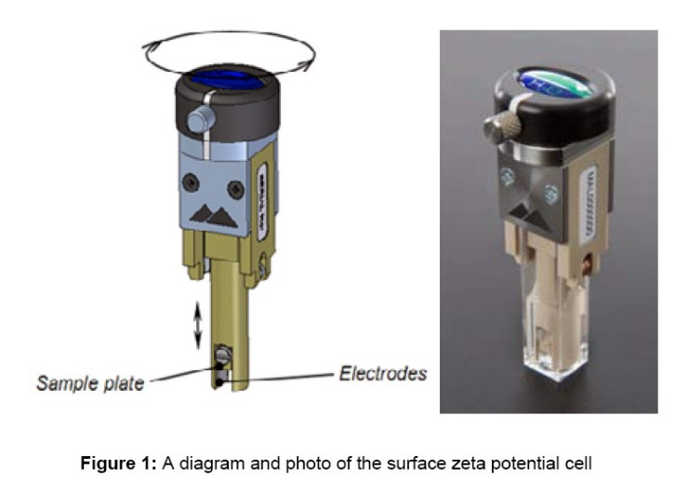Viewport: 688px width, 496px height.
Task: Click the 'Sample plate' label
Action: click(x=89, y=381)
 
